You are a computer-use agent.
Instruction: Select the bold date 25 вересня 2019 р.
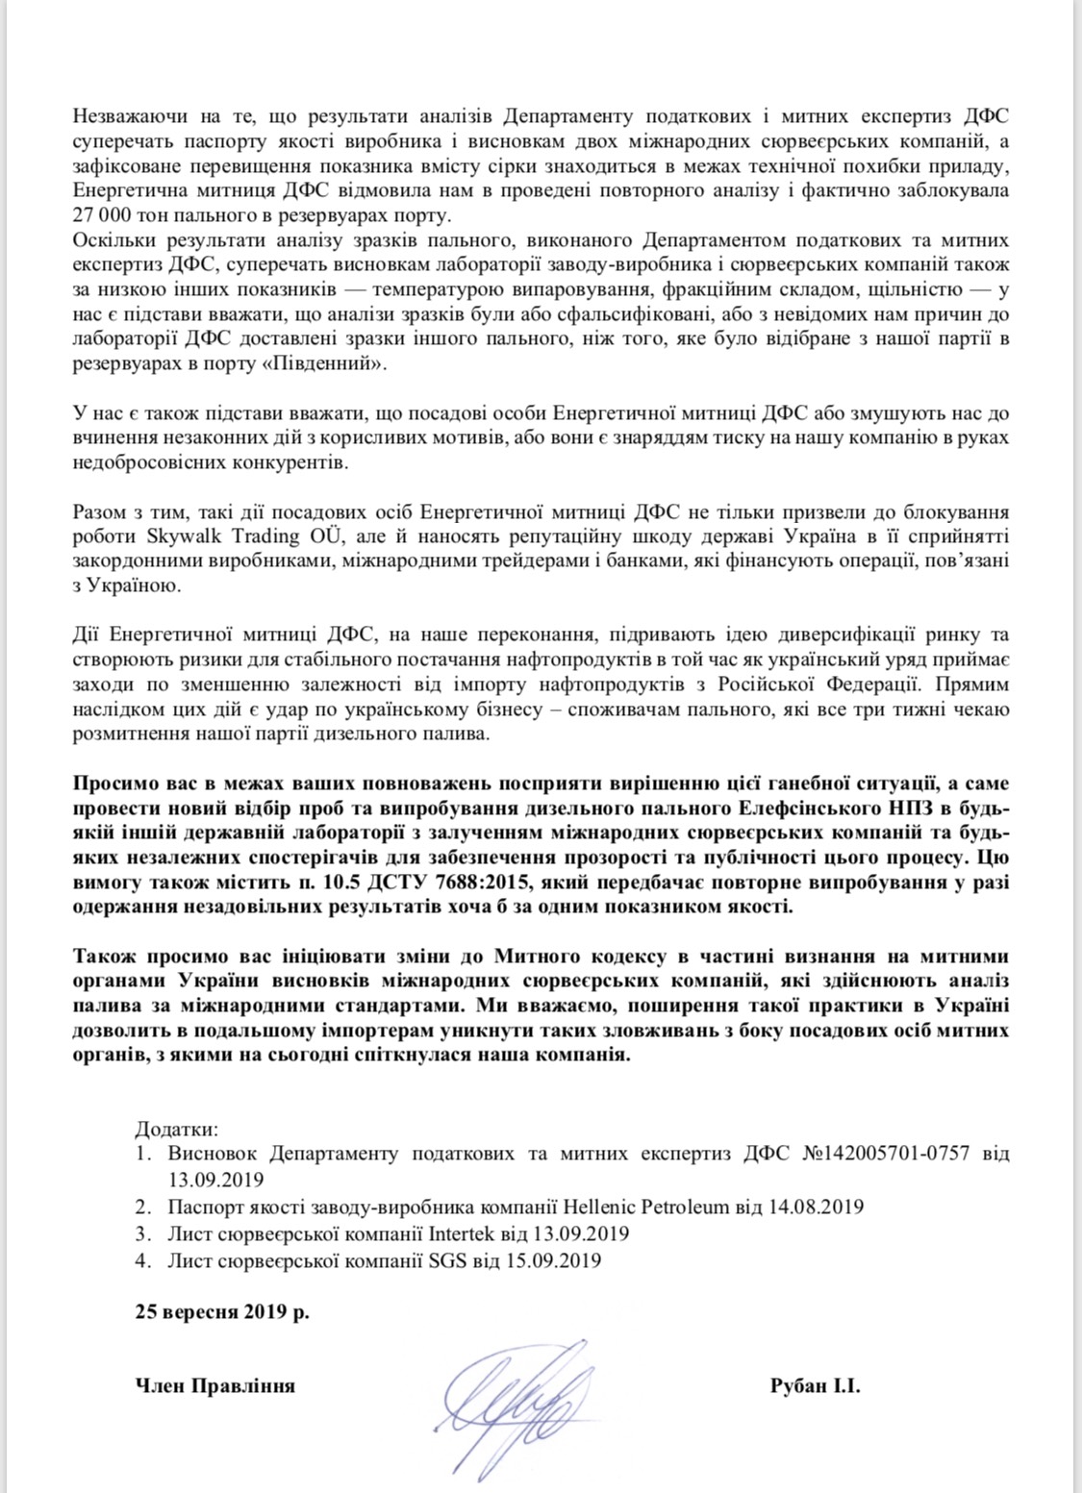pos(222,1311)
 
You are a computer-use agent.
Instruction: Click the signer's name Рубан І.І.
pos(815,1386)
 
